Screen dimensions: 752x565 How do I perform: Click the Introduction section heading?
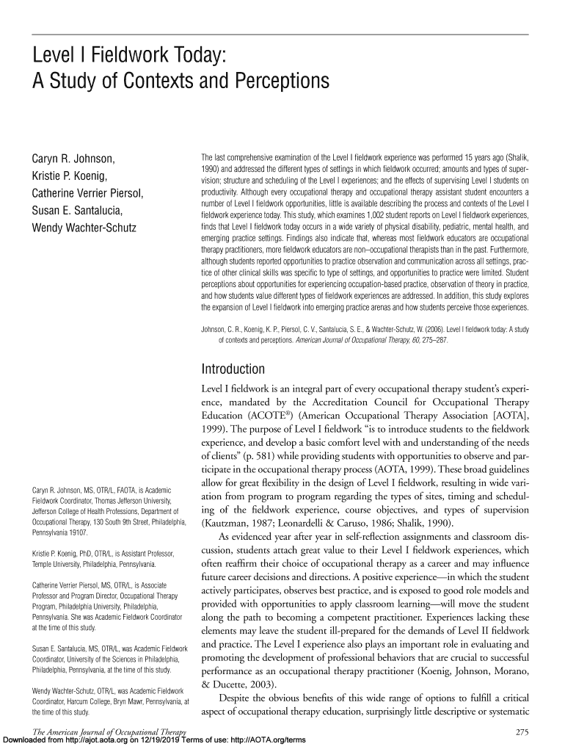tap(233, 369)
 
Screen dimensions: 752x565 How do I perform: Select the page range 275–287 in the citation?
tap(427, 341)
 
